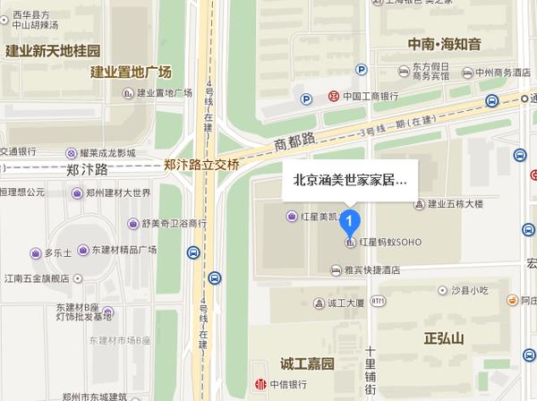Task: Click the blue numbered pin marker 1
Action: pyautogui.click(x=353, y=219)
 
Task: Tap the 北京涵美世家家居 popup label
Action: pyautogui.click(x=350, y=179)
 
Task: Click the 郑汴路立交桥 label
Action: pyautogui.click(x=202, y=165)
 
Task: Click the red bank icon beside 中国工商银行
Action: pyautogui.click(x=331, y=95)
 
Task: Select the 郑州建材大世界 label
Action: pyautogui.click(x=117, y=192)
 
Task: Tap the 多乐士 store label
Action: pyautogui.click(x=58, y=253)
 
